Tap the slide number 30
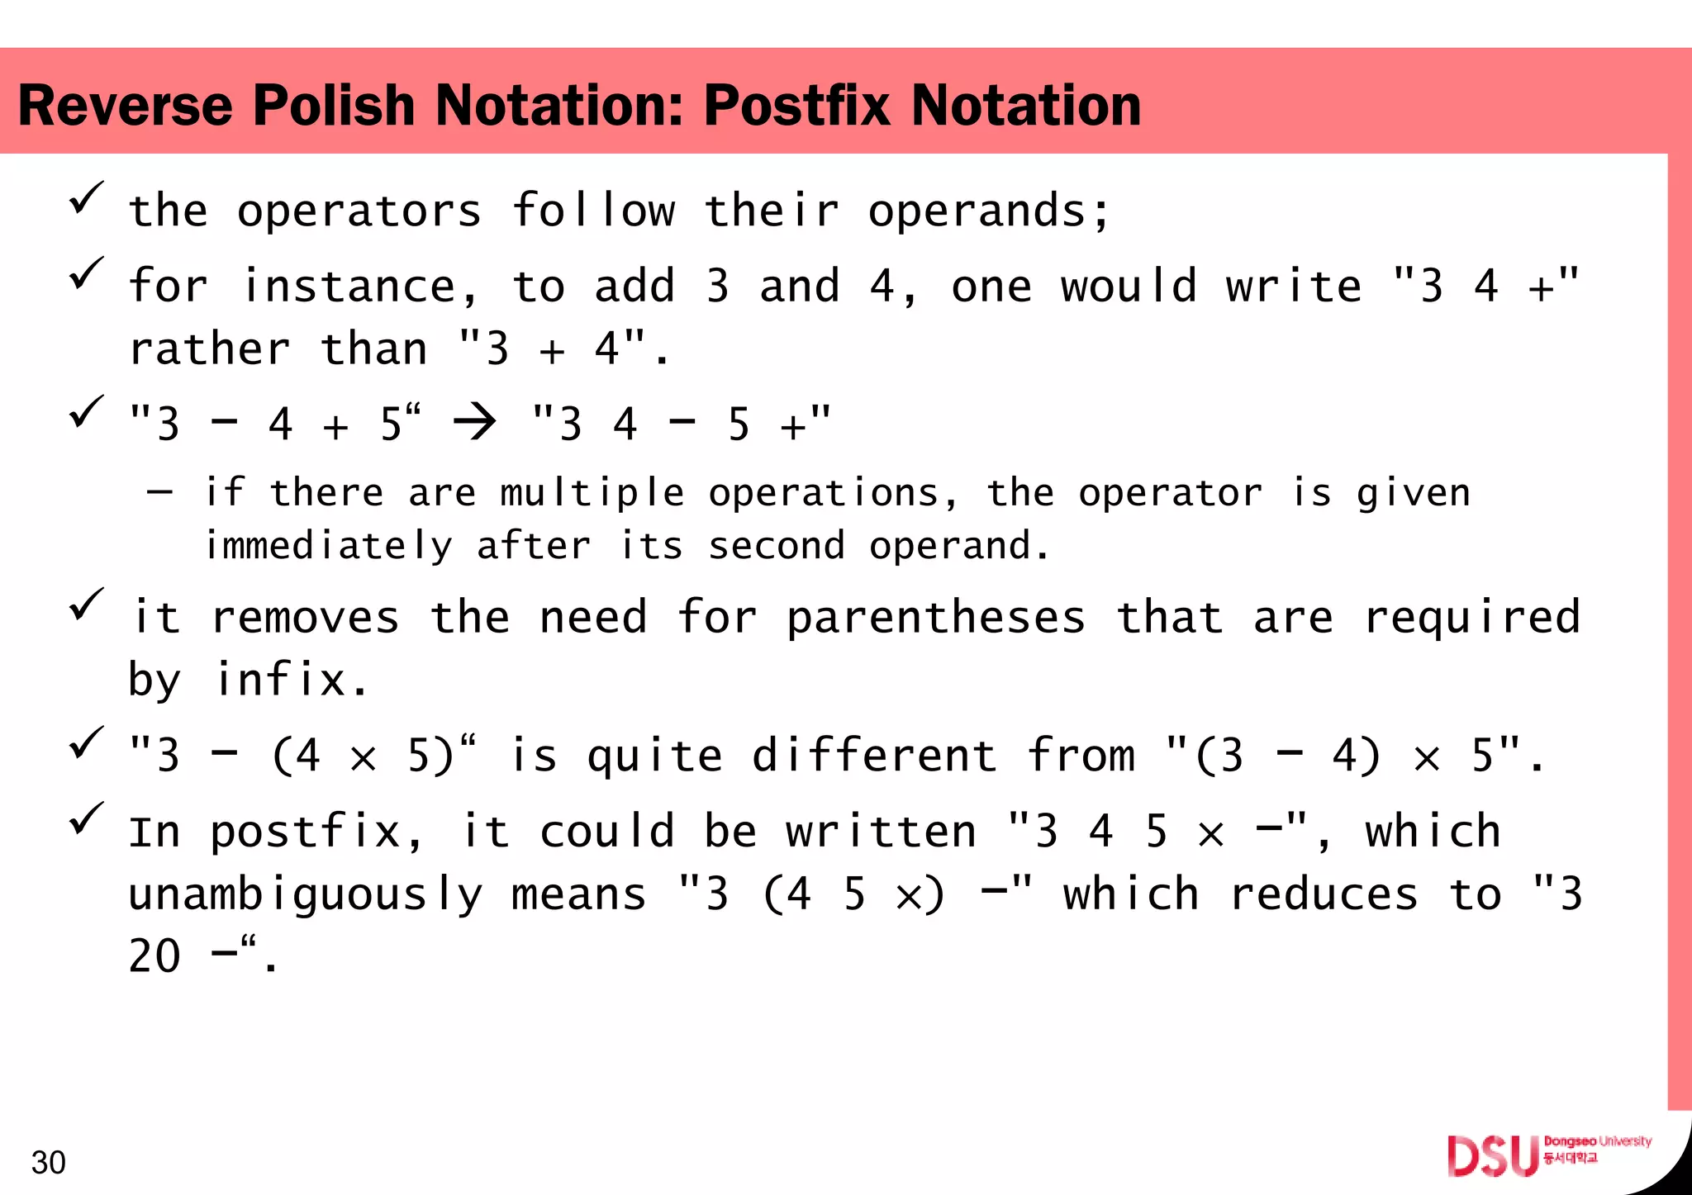[x=48, y=1162]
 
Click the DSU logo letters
[x=1493, y=1155]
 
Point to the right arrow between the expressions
[x=475, y=423]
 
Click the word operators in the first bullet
[x=359, y=211]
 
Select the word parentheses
[x=935, y=619]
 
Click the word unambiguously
[x=306, y=895]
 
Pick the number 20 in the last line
[x=154, y=956]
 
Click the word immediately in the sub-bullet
[x=329, y=546]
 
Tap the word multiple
[x=592, y=494]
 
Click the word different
[x=873, y=756]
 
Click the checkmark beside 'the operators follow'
[x=86, y=198]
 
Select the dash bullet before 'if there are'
[x=160, y=492]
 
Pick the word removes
[x=306, y=619]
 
